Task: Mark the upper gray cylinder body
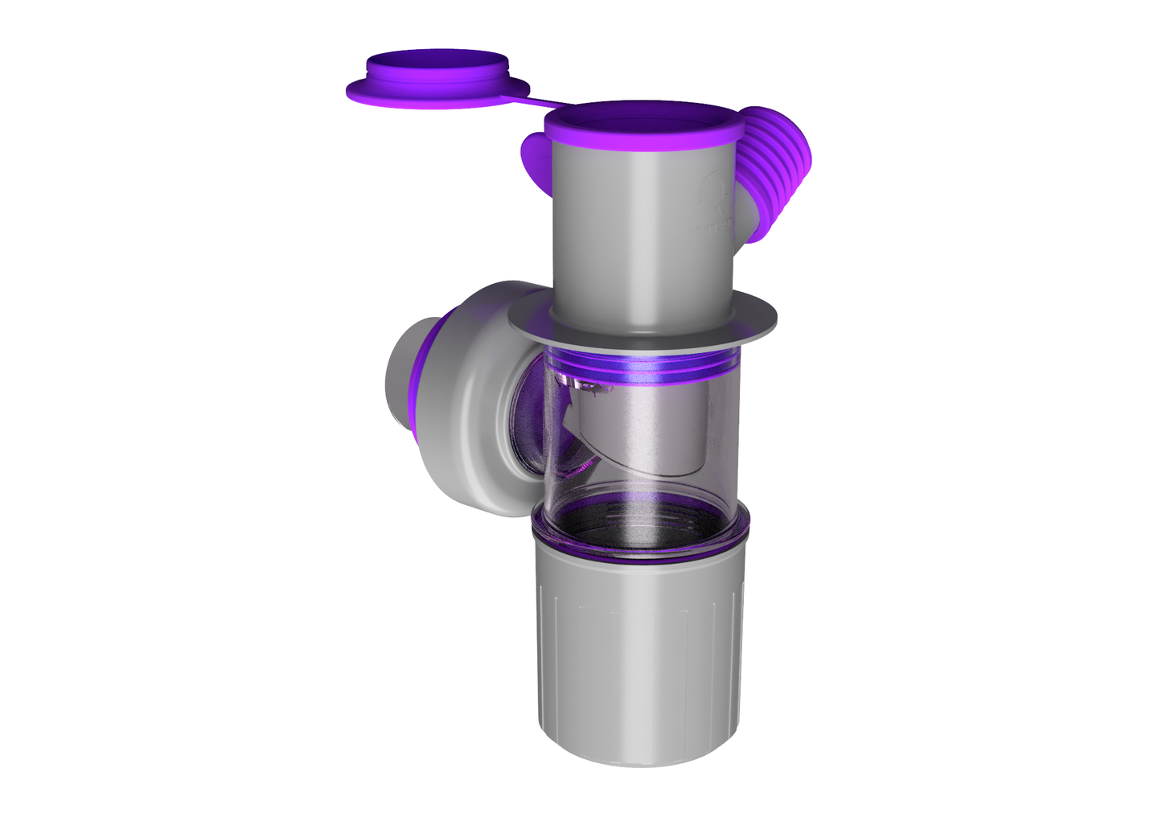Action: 635,233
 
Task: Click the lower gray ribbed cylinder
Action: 639,643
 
